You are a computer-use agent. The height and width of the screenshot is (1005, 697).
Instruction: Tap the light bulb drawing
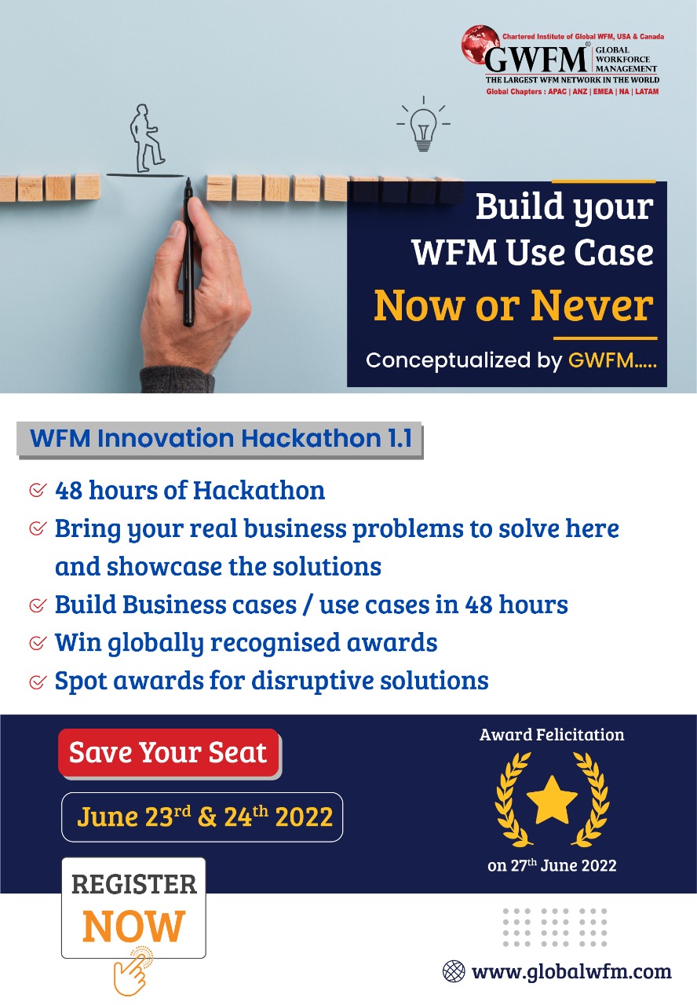423,127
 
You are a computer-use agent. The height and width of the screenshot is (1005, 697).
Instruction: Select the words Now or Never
513,305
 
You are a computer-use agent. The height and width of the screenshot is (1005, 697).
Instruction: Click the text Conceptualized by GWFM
510,360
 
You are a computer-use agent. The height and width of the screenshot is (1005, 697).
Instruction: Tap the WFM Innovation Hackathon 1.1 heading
221,438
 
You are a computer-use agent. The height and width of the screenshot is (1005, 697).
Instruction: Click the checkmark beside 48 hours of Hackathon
37,491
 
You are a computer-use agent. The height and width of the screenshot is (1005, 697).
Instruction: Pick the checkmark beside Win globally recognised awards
37,643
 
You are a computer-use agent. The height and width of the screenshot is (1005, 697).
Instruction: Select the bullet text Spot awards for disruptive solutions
272,680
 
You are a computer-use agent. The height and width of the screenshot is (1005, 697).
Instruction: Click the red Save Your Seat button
168,752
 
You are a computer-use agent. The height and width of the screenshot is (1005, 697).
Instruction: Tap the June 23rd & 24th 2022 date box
203,817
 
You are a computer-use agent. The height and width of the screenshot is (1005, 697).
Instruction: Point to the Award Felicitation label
552,735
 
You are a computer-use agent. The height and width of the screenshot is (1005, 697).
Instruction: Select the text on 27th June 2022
552,866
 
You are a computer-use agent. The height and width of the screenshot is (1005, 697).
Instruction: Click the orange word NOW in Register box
133,926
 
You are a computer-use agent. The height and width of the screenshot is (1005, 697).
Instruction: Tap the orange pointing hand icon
132,971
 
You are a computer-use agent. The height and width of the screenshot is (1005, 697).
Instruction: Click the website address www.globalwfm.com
571,971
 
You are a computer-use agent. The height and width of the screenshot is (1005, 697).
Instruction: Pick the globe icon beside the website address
454,971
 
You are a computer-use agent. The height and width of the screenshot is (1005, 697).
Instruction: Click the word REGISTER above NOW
133,884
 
